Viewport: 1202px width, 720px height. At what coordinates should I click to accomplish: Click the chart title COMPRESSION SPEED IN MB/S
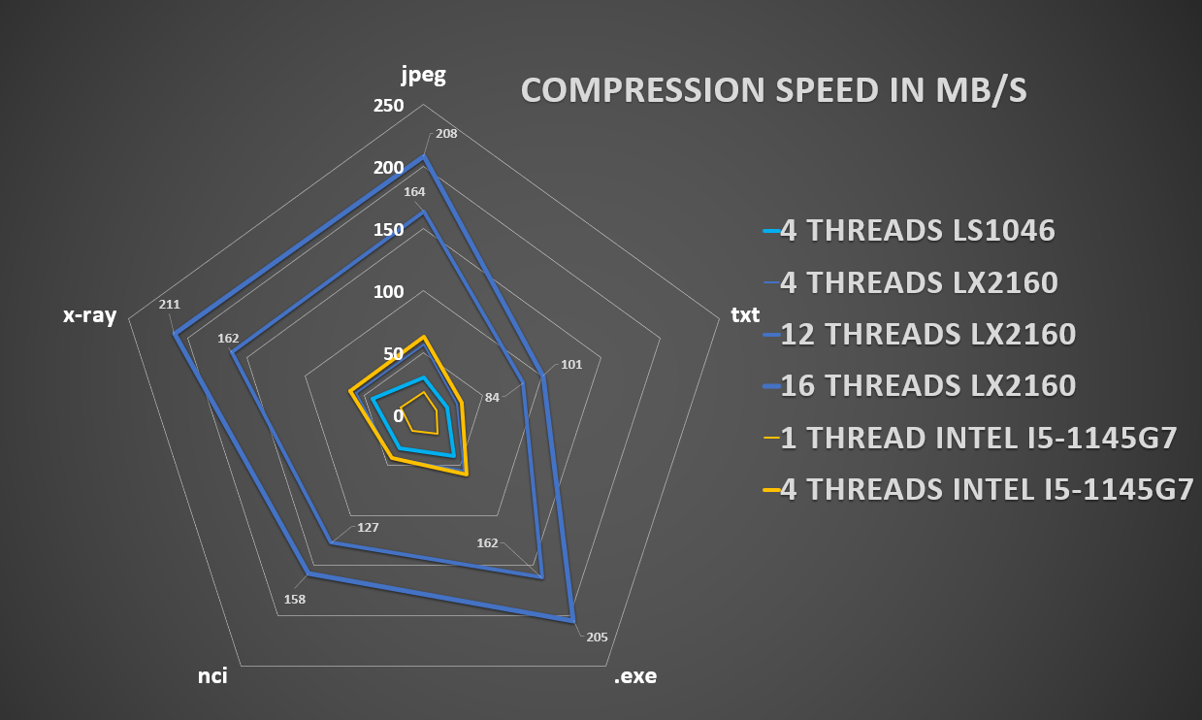(x=774, y=90)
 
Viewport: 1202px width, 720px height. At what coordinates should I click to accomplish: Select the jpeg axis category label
(x=424, y=76)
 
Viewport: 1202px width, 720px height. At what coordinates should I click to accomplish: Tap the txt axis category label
(x=744, y=315)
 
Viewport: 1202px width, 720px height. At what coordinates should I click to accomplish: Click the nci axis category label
(x=212, y=675)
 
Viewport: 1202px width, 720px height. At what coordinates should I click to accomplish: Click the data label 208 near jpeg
(x=446, y=134)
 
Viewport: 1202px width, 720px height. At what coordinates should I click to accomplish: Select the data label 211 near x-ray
(x=169, y=305)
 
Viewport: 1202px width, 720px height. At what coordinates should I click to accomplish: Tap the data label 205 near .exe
(x=597, y=638)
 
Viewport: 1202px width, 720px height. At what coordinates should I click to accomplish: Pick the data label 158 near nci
(x=295, y=600)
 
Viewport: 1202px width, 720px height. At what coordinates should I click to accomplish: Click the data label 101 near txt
(x=571, y=366)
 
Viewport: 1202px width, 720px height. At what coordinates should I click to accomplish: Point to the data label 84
(x=493, y=397)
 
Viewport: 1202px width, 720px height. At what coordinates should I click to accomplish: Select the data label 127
(x=368, y=528)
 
